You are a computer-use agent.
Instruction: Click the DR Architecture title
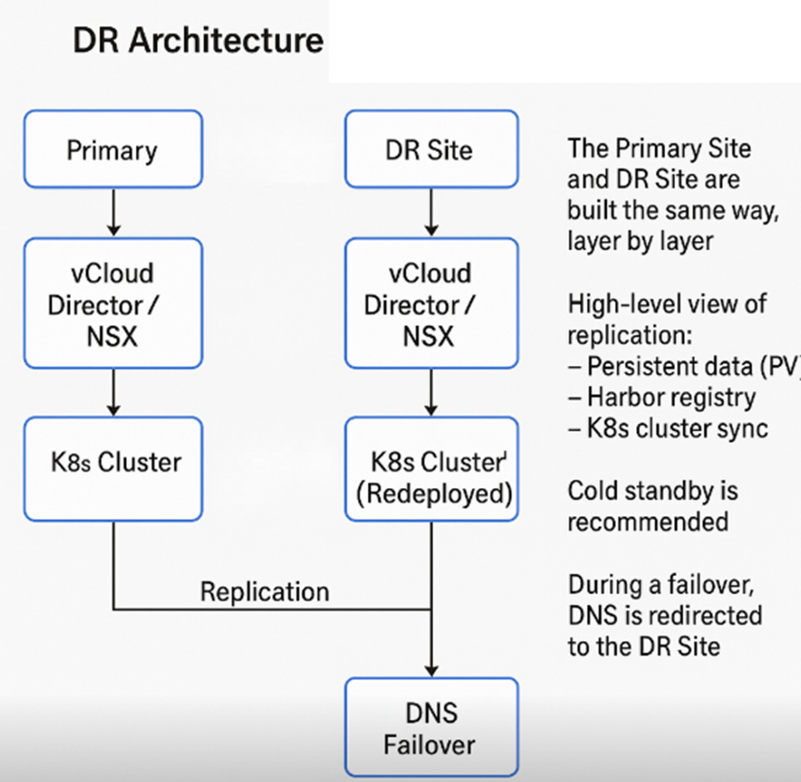point(198,40)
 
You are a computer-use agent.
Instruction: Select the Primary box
point(113,149)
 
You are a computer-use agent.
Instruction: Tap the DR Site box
point(432,149)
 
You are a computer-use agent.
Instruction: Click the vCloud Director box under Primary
point(113,304)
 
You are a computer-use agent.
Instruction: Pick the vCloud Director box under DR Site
point(432,304)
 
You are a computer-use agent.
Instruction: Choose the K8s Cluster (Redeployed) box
point(432,469)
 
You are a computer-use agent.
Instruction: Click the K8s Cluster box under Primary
point(113,469)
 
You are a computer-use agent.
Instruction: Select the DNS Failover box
point(432,727)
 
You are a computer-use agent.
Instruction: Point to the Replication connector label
point(264,592)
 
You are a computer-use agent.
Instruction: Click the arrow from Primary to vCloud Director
point(114,212)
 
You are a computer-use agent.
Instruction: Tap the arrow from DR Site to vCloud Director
point(432,212)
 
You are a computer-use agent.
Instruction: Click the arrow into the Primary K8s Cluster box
point(114,392)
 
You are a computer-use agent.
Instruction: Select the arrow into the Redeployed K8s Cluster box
point(432,392)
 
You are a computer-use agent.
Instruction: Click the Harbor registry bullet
point(662,397)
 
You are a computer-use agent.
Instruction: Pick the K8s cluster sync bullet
point(668,429)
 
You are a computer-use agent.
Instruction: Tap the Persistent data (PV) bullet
point(684,367)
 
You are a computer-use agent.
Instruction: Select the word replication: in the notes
point(630,336)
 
